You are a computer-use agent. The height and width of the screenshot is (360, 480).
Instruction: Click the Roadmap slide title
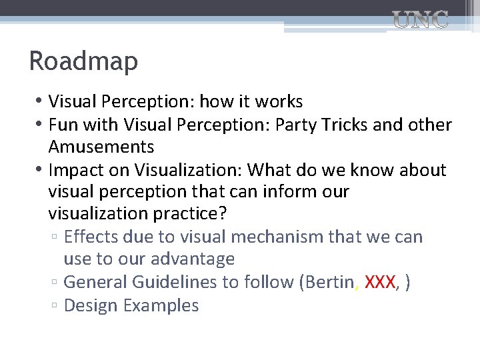(83, 61)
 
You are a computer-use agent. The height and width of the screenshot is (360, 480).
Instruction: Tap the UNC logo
(419, 19)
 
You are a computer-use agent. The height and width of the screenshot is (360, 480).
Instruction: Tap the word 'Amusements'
(101, 147)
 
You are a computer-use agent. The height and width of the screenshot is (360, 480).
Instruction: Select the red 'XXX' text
(381, 283)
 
